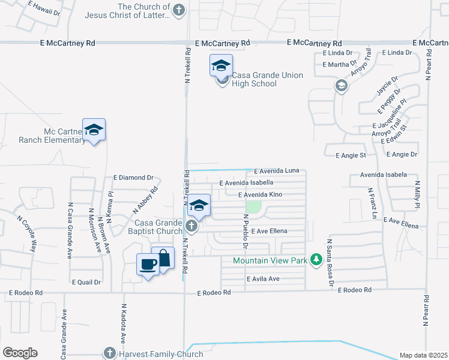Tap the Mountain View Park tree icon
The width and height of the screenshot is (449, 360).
[x=315, y=260]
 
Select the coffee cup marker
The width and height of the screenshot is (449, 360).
[x=148, y=264]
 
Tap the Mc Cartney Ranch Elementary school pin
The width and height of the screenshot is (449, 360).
[x=94, y=130]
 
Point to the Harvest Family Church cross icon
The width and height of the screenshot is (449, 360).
[x=109, y=353]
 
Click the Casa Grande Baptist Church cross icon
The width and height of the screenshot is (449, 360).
[x=191, y=226]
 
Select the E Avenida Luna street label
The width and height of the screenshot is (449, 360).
[x=276, y=171]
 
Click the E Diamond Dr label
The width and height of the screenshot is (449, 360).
[x=133, y=178]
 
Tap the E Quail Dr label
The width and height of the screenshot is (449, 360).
[x=86, y=281]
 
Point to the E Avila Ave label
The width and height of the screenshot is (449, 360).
[x=263, y=279]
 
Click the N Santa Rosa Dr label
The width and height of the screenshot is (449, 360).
[x=330, y=263]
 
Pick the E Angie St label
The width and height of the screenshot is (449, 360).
[x=351, y=156]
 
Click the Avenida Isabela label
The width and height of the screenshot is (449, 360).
[x=384, y=175]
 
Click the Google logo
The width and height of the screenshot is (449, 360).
[x=20, y=353]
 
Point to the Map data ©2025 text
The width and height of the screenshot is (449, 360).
[x=423, y=355]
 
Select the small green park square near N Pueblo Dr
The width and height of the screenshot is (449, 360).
[x=255, y=206]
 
